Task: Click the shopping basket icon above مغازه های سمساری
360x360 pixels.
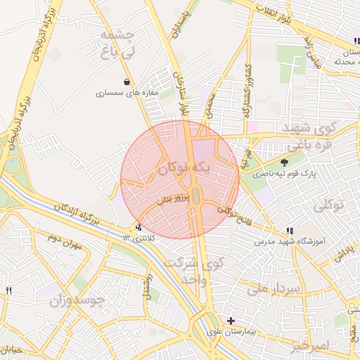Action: [x=127, y=82]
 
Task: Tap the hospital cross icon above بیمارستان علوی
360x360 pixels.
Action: [x=231, y=321]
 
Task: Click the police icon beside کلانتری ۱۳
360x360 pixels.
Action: [x=139, y=227]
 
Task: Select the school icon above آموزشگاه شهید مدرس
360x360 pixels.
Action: [x=290, y=231]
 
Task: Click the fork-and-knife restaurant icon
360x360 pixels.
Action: [x=9, y=290]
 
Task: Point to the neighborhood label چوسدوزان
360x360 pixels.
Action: [x=77, y=301]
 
